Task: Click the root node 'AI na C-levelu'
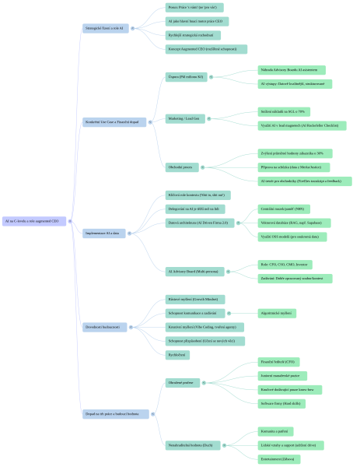click(x=35, y=221)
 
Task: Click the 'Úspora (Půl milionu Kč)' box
click(x=186, y=77)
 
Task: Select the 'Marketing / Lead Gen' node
click(x=184, y=118)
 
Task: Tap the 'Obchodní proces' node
click(x=181, y=166)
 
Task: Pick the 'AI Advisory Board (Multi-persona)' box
click(x=193, y=271)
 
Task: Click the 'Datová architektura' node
click(x=197, y=222)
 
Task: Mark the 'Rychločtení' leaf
click(x=177, y=354)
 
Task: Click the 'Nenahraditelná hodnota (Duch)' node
click(x=191, y=445)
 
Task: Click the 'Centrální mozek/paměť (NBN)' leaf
click(x=285, y=209)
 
